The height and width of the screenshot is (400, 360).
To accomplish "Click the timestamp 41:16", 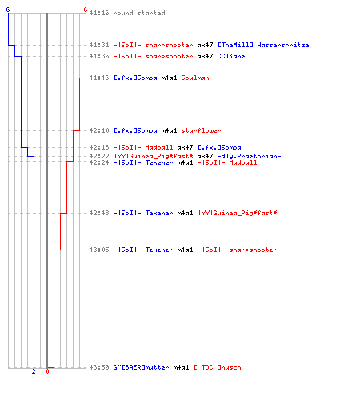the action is pos(99,13).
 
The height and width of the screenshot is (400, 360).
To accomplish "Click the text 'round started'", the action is pos(139,13).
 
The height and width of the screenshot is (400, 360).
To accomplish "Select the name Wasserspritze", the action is pos(283,45).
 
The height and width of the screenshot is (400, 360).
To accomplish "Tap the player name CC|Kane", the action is pos(231,56).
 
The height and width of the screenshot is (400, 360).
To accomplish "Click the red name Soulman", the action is pos(195,78).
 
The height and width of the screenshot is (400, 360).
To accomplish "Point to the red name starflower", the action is pos(201,130).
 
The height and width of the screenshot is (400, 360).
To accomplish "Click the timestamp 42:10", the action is pos(99,130).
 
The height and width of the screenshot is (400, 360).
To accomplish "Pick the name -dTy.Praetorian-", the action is pos(249,156).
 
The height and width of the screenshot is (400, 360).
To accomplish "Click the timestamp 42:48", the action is pos(99,213).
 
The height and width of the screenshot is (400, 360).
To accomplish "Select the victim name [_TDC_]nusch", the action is pos(218,367).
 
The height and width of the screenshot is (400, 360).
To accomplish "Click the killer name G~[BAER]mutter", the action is pos(141,367).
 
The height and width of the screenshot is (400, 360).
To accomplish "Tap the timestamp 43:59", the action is pos(99,367).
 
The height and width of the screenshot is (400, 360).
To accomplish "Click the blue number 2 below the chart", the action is pos(34,371).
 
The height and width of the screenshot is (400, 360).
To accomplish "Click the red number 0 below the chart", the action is pos(47,371).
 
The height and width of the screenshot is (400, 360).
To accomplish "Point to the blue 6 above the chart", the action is pos(8,10).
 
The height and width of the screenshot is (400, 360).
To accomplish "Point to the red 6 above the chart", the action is pos(86,10).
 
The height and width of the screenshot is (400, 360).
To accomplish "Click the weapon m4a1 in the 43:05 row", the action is pos(185,250).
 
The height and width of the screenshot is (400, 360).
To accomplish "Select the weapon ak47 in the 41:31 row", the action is pos(205,45).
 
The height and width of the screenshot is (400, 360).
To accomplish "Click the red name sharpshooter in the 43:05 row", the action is pos(253,250).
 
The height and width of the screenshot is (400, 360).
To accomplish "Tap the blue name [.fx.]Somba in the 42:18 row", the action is pos(219,147).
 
